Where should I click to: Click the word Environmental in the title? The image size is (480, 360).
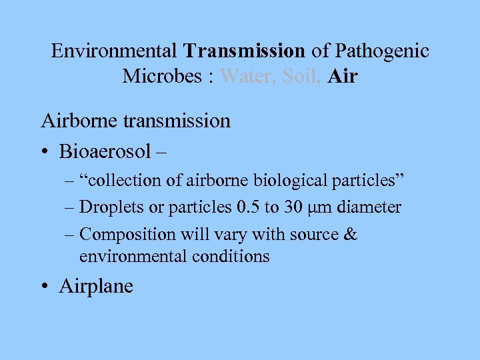coord(114,51)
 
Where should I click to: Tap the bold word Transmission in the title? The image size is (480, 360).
coord(245,51)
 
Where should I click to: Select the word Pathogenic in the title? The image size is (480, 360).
coord(383,51)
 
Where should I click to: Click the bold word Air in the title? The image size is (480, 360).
coord(343,77)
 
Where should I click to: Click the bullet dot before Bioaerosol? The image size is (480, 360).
coord(45,152)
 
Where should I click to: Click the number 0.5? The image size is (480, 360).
coord(248,207)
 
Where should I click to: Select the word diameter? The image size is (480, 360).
coord(369,207)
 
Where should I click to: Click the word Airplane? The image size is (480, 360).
coord(96,287)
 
